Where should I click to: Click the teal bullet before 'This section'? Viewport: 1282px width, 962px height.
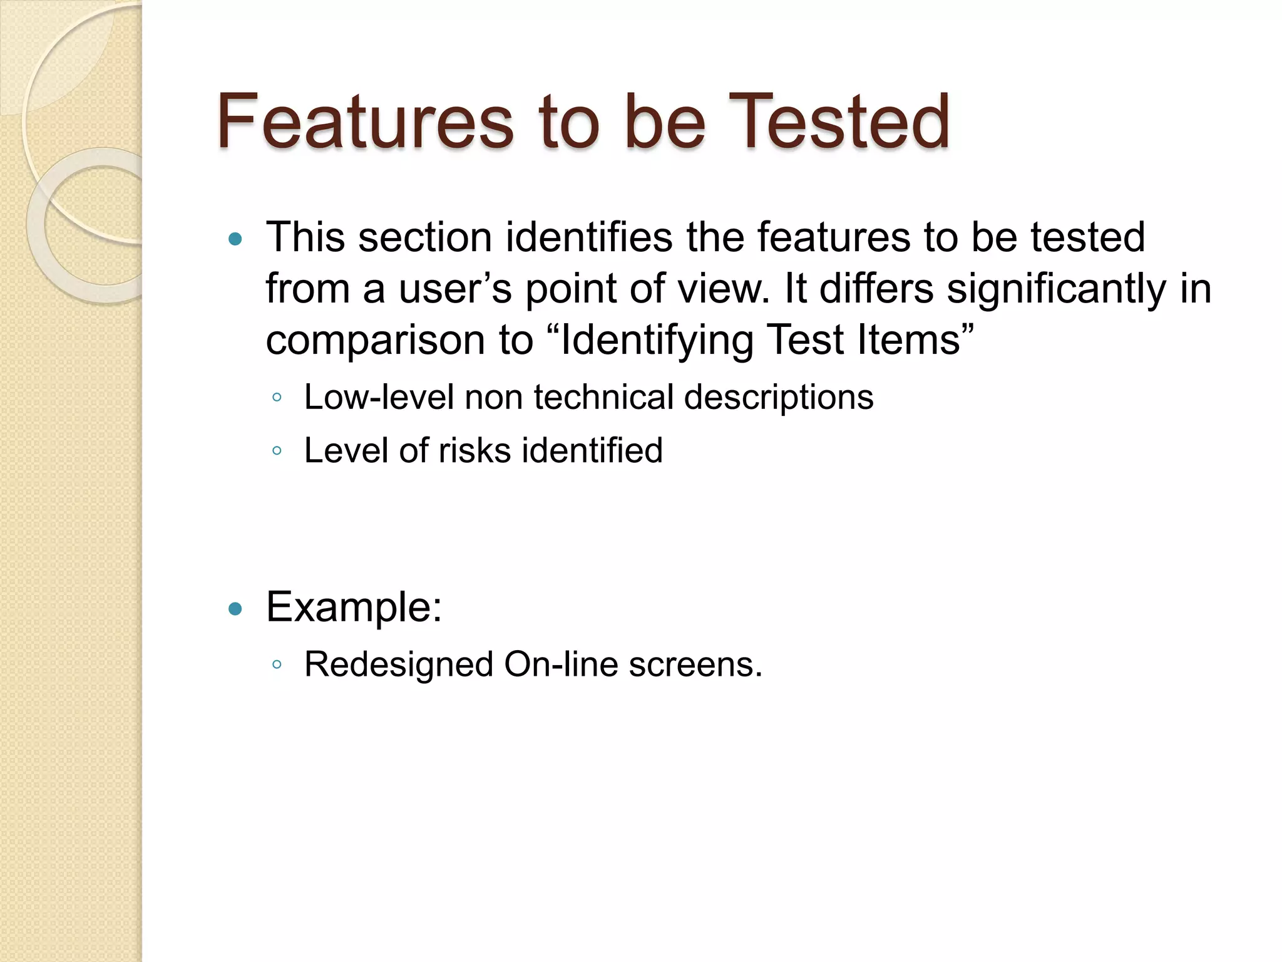click(235, 239)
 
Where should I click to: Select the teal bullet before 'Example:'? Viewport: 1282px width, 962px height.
click(235, 608)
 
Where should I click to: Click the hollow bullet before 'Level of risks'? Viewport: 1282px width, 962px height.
click(277, 450)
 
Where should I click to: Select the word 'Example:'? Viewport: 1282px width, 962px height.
click(354, 607)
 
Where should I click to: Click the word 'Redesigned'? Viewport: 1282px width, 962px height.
click(399, 665)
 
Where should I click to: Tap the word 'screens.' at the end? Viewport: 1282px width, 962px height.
click(695, 665)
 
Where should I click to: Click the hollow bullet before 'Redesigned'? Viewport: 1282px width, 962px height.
click(277, 665)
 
